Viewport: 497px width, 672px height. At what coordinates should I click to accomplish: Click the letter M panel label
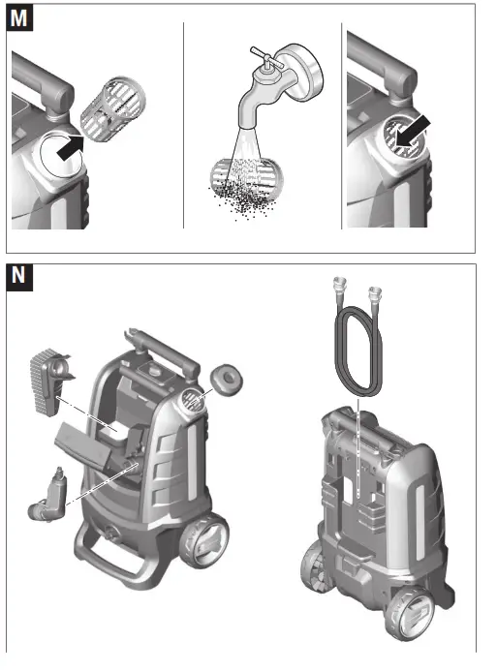19,16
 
